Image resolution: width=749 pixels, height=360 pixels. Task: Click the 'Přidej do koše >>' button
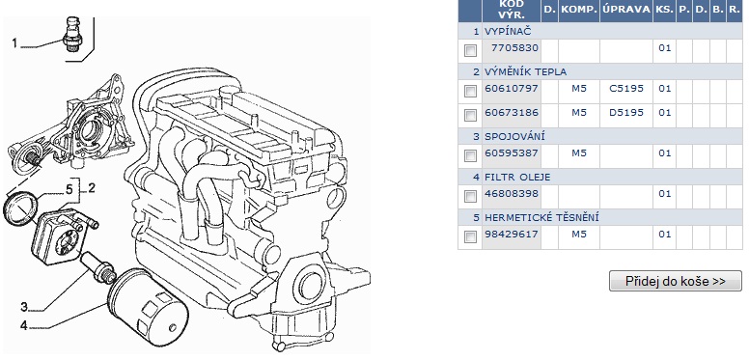(676, 281)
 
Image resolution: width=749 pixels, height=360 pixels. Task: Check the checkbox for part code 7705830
(470, 50)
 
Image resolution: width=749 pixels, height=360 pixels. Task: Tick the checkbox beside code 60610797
(470, 91)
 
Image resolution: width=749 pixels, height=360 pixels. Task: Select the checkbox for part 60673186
(470, 115)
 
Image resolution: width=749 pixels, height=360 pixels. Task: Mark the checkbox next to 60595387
(470, 155)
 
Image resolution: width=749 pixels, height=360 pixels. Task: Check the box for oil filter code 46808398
(470, 196)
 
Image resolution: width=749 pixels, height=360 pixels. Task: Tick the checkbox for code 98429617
(470, 236)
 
